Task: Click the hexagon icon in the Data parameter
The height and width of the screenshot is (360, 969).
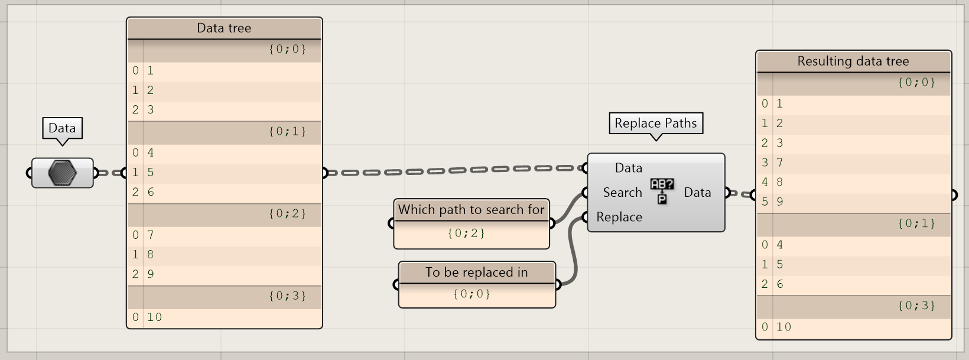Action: click(x=62, y=173)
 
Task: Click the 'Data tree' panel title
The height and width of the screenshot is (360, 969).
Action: click(x=224, y=28)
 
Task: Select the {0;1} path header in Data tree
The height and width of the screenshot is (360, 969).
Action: click(x=287, y=131)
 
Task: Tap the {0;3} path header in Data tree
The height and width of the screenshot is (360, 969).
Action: click(x=287, y=296)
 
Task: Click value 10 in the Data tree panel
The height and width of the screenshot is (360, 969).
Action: click(x=155, y=317)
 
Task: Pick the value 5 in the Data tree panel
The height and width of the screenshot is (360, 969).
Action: click(x=151, y=173)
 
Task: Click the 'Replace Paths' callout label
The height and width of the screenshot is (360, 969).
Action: click(x=655, y=123)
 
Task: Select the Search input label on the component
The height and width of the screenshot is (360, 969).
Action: click(x=622, y=193)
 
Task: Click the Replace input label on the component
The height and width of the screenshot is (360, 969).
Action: click(x=619, y=218)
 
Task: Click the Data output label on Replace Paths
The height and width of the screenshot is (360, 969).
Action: click(x=697, y=193)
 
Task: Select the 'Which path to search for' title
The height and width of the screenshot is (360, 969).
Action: click(x=471, y=210)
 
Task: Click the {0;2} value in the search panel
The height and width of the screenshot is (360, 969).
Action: click(x=466, y=233)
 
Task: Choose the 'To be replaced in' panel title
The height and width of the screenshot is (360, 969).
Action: click(x=476, y=273)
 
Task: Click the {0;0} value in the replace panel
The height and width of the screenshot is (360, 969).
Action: click(x=472, y=294)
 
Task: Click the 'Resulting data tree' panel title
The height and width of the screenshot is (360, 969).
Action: click(x=853, y=61)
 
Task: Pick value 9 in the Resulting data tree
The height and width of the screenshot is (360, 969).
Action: click(x=780, y=202)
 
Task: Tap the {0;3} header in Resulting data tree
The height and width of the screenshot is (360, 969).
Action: click(x=916, y=306)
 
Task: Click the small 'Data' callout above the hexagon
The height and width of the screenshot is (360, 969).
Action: click(x=62, y=128)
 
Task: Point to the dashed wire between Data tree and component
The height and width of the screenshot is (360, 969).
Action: click(x=455, y=170)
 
